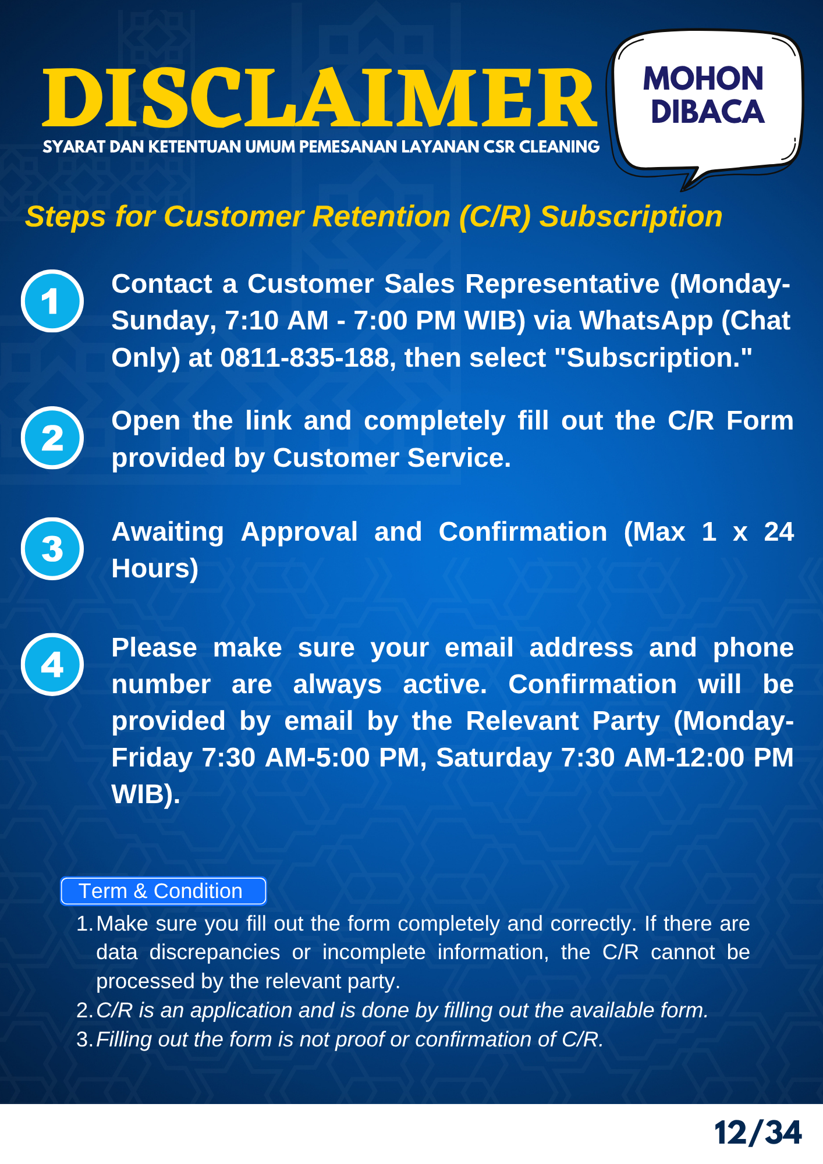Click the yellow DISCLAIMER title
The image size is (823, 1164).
pyautogui.click(x=320, y=97)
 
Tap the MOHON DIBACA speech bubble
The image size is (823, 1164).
pyautogui.click(x=705, y=105)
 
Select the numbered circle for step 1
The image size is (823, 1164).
pyautogui.click(x=52, y=301)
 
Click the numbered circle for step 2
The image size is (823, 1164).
pyautogui.click(x=52, y=438)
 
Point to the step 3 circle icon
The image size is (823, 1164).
pyautogui.click(x=52, y=549)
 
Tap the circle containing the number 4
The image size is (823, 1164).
pyautogui.click(x=52, y=665)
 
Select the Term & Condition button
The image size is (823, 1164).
pyautogui.click(x=164, y=891)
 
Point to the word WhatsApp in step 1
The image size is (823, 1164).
pyautogui.click(x=646, y=321)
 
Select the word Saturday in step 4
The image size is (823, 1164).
pyautogui.click(x=494, y=758)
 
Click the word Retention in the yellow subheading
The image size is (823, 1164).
pyautogui.click(x=381, y=217)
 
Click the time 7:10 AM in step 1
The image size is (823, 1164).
pyautogui.click(x=276, y=321)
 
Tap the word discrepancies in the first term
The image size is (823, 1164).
pyautogui.click(x=215, y=953)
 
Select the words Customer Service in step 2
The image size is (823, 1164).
pyautogui.click(x=392, y=458)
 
